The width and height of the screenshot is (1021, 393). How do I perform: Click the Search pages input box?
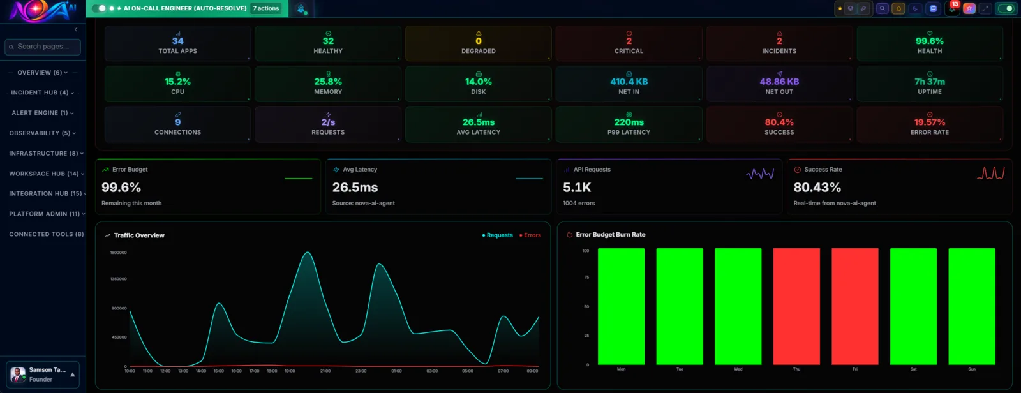43,47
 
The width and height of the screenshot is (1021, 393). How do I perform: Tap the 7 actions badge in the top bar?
266,8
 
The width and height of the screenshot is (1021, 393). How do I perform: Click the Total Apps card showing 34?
177,43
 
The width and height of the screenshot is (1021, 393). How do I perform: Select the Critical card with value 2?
629,43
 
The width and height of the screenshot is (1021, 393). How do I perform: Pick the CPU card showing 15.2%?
177,84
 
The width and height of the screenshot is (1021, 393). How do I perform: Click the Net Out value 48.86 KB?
779,82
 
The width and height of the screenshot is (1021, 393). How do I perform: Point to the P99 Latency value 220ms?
629,122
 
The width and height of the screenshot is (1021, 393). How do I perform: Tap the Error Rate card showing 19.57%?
929,124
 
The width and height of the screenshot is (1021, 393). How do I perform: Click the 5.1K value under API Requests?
577,188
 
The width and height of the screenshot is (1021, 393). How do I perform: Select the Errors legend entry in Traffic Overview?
530,235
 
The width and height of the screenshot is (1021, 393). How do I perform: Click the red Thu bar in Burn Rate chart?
796,306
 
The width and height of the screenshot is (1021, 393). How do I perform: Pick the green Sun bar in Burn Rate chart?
971,306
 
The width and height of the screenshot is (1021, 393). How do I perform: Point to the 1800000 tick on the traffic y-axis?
118,253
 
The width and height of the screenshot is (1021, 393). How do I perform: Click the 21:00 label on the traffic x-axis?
325,371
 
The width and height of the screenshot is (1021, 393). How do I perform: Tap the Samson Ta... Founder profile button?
43,374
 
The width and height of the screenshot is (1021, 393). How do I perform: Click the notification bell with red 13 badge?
951,8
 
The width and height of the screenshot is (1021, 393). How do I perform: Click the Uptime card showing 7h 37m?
929,84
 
